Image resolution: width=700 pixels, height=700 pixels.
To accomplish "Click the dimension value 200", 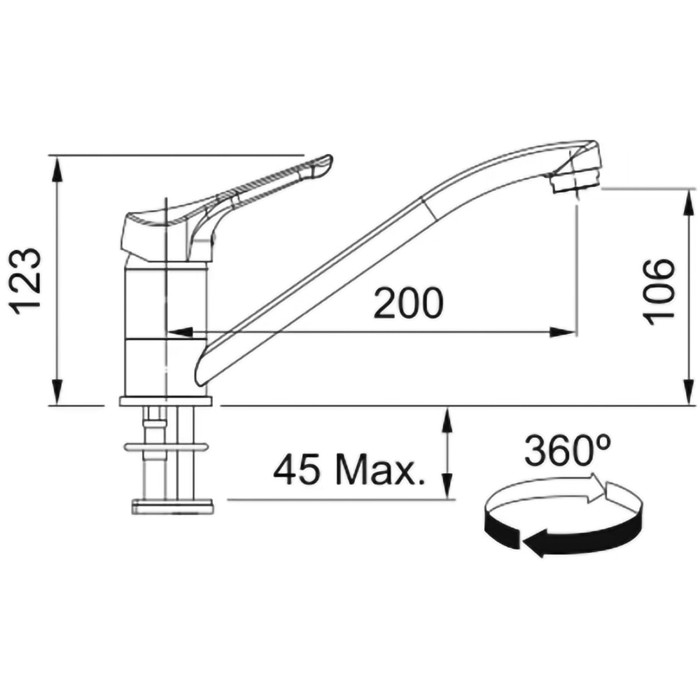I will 408,303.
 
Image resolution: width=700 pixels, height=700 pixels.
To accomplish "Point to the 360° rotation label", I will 568,451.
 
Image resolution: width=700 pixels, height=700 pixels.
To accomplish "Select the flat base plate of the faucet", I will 165,401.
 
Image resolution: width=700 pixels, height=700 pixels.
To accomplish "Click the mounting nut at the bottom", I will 172,505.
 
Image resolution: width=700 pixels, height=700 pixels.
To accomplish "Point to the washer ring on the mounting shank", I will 165,447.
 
